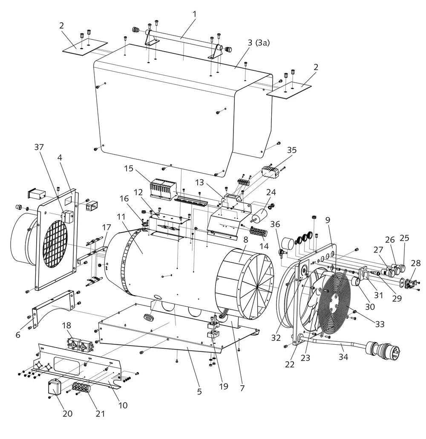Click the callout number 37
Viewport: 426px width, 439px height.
point(39,147)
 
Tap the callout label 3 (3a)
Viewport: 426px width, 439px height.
point(259,43)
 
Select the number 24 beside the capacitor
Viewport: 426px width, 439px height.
point(271,192)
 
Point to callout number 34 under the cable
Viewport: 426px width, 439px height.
point(343,357)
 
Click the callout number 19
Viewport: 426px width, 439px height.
point(223,387)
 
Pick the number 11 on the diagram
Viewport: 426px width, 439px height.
point(121,217)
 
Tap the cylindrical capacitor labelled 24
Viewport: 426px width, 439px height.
point(259,215)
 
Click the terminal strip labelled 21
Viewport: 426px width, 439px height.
point(82,388)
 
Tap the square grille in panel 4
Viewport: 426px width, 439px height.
point(55,244)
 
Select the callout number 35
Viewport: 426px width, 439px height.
point(291,150)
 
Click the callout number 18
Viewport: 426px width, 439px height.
point(66,326)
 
